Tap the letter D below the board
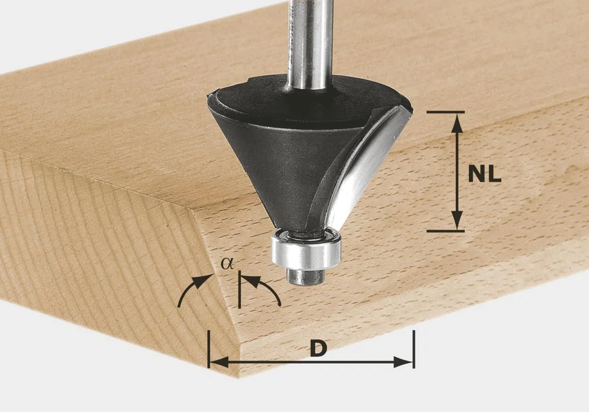317,349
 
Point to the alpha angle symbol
227,264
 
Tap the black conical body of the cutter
269,159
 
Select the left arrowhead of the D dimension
219,362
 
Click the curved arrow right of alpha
264,289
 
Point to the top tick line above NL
446,112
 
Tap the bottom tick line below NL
446,231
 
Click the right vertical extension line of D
413,349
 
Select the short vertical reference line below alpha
239,291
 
